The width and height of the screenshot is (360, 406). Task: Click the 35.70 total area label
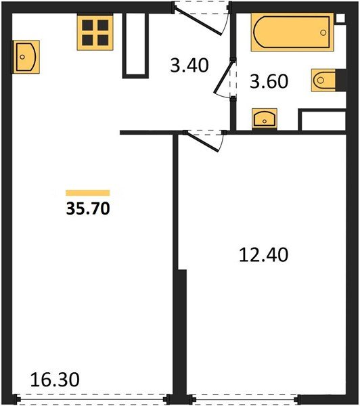click(x=87, y=208)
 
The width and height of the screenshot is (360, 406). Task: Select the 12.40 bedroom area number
click(x=263, y=255)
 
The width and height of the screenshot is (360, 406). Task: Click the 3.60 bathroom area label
click(x=269, y=81)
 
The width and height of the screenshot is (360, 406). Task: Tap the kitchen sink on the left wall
click(x=26, y=56)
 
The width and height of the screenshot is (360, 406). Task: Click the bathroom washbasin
click(x=263, y=118)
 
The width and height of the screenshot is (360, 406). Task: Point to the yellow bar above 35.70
click(x=87, y=193)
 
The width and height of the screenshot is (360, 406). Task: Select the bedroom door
click(x=206, y=140)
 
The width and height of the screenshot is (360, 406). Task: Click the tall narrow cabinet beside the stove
click(x=135, y=43)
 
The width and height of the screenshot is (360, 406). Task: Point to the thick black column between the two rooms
click(x=180, y=332)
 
